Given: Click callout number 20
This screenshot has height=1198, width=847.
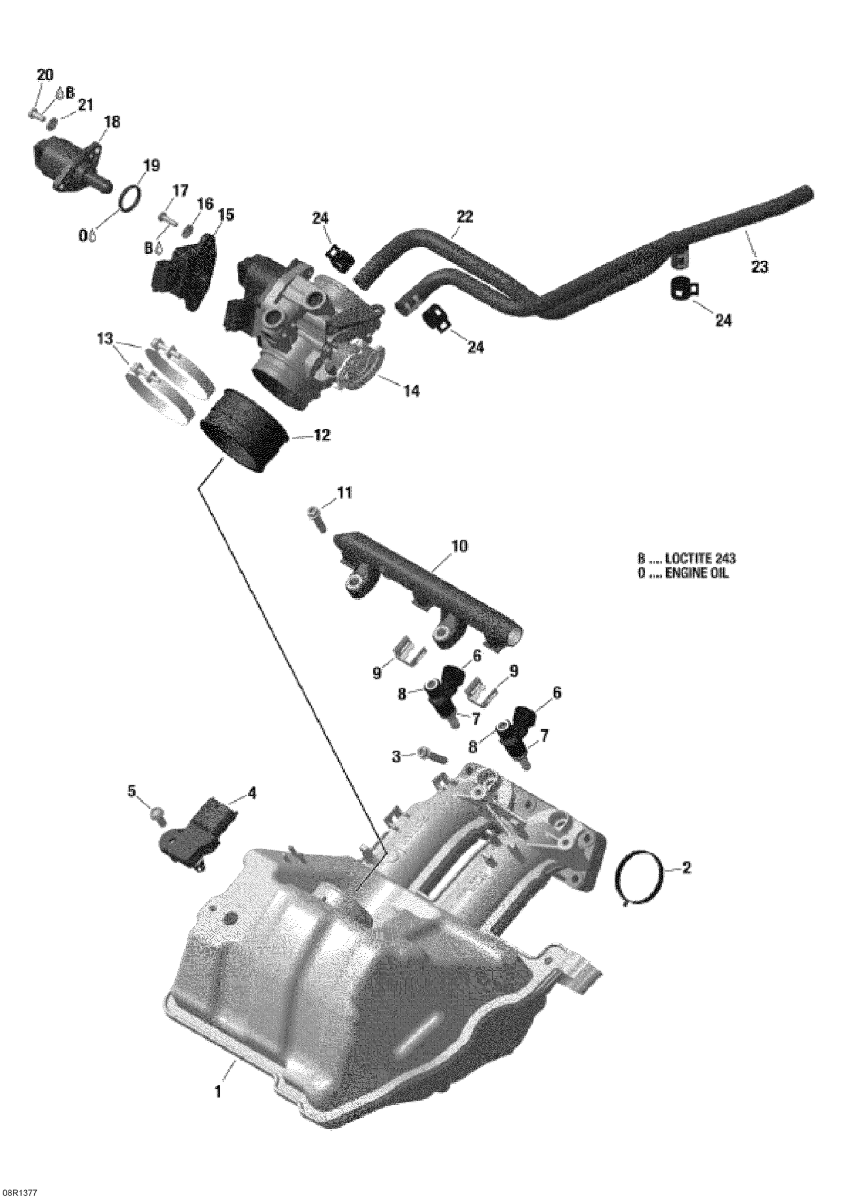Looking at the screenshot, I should (x=45, y=76).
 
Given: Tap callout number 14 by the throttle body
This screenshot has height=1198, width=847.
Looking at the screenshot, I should (x=411, y=390).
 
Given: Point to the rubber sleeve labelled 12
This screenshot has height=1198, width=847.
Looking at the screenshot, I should (x=244, y=433).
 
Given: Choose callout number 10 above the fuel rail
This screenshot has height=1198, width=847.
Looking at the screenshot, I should (x=460, y=546).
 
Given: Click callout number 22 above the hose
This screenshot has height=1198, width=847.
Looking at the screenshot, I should (x=465, y=216).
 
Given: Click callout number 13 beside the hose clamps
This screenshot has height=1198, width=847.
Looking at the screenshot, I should (x=104, y=339).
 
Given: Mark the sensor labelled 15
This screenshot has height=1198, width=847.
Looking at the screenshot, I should (x=182, y=271).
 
